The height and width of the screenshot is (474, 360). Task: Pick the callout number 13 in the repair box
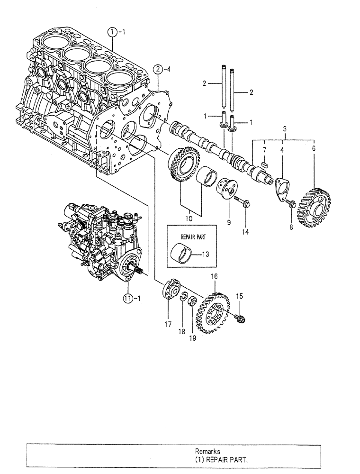[205, 255]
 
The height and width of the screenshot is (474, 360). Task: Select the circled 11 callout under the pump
[126, 298]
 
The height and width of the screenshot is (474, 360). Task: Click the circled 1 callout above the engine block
[111, 32]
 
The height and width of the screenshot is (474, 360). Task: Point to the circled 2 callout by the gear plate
[159, 71]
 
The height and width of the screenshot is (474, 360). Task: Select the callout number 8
[291, 227]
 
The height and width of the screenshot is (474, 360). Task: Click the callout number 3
[284, 128]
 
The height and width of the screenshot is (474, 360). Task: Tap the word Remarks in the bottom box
[207, 452]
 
